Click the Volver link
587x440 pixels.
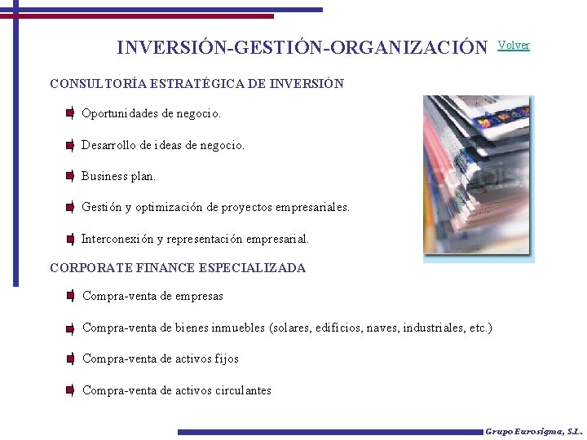click(x=514, y=46)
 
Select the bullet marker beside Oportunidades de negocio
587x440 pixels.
click(x=71, y=113)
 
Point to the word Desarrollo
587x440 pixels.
click(x=109, y=145)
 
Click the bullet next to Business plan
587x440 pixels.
click(x=71, y=176)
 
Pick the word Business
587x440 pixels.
click(x=104, y=176)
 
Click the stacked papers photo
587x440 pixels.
click(x=478, y=178)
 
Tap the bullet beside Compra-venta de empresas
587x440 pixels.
click(x=71, y=296)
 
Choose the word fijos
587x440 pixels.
click(x=227, y=359)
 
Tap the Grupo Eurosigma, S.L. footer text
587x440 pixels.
click(x=533, y=431)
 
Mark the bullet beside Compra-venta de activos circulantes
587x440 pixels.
click(x=71, y=390)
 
